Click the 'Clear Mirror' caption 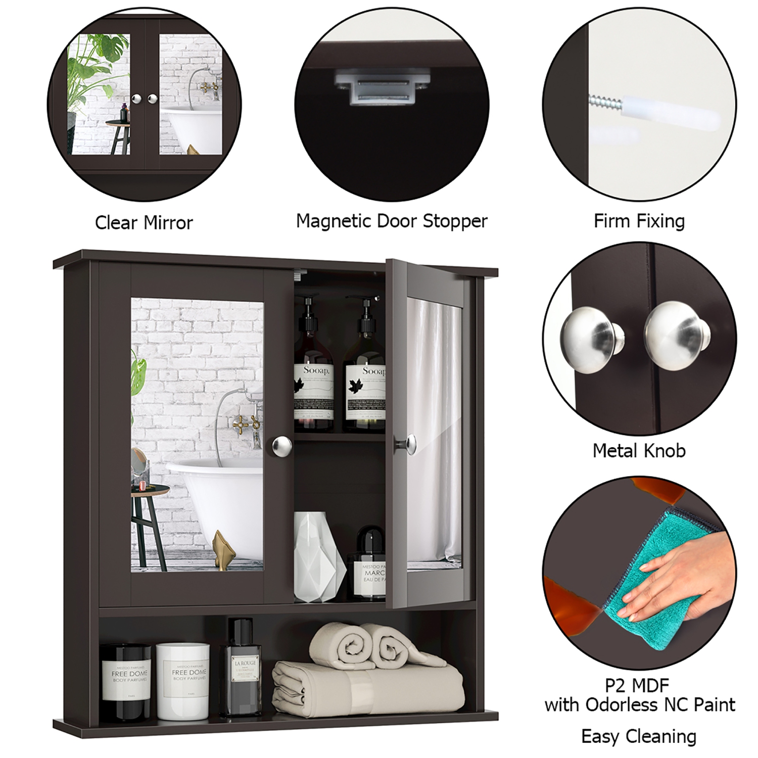pyautogui.click(x=144, y=223)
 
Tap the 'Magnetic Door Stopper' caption pyautogui.click(x=392, y=221)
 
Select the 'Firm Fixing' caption pyautogui.click(x=639, y=221)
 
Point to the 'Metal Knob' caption pyautogui.click(x=639, y=450)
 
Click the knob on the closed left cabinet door pyautogui.click(x=281, y=445)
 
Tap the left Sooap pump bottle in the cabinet pyautogui.click(x=313, y=374)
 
